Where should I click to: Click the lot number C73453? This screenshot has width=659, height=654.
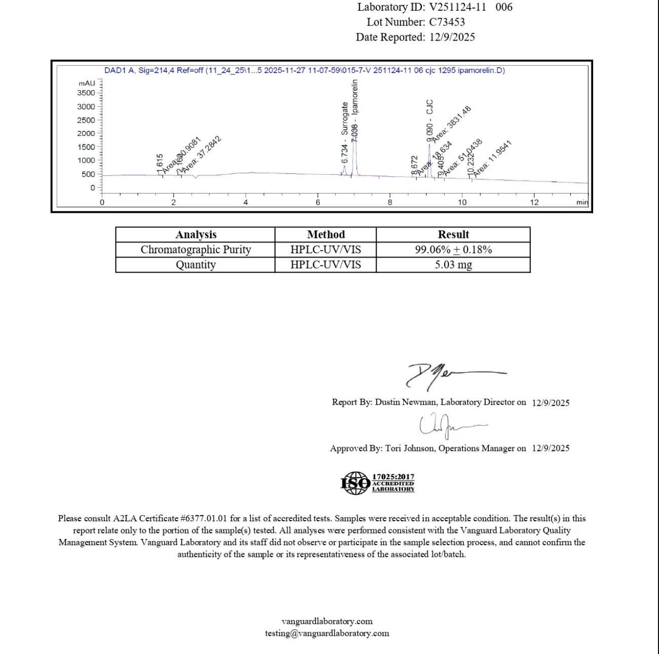click(x=447, y=22)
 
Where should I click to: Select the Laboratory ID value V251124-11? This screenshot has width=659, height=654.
click(x=457, y=7)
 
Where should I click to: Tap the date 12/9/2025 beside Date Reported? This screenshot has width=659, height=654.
click(x=452, y=37)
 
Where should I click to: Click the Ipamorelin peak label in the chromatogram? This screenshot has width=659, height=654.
click(x=355, y=104)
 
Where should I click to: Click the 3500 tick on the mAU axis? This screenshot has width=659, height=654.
click(x=86, y=93)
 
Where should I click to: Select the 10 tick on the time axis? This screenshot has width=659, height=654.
click(x=462, y=202)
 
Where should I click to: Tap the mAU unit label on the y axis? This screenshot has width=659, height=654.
click(x=87, y=83)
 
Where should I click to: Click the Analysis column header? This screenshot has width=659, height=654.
click(x=196, y=235)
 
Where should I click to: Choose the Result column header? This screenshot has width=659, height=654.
click(x=453, y=235)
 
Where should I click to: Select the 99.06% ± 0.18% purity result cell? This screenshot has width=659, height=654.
click(x=453, y=250)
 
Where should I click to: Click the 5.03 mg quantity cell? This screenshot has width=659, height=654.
click(x=453, y=264)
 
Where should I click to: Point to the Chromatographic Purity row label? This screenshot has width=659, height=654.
click(x=196, y=250)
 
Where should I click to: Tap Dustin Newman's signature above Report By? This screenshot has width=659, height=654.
click(x=446, y=375)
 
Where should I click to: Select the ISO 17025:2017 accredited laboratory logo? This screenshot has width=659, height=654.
click(x=377, y=482)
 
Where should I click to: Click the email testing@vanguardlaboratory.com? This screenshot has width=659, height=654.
click(x=327, y=633)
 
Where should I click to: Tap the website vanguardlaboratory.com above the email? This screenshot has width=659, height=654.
click(x=327, y=621)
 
